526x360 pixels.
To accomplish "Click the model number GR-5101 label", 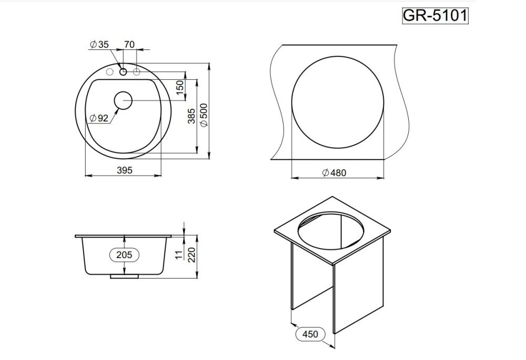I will click(x=434, y=16).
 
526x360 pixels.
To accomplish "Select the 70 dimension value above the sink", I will click(x=129, y=45).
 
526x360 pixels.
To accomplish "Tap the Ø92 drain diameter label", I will click(x=98, y=118).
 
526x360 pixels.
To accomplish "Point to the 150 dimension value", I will click(x=180, y=88).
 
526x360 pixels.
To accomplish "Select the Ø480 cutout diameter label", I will click(x=333, y=173).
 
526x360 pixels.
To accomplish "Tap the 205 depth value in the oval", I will click(x=124, y=254).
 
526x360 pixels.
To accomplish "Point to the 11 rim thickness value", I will click(x=178, y=255).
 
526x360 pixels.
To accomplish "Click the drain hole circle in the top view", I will click(x=123, y=100).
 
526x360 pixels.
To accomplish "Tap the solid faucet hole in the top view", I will click(x=123, y=71).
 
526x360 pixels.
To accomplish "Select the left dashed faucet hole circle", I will click(x=110, y=71).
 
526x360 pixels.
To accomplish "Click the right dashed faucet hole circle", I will click(x=136, y=71).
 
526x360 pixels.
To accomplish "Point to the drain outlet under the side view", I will click(x=124, y=276).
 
